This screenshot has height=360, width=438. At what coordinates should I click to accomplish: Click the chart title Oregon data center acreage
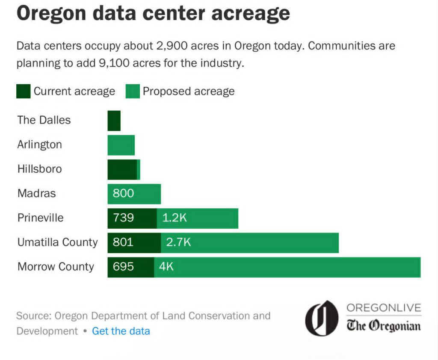(x=153, y=14)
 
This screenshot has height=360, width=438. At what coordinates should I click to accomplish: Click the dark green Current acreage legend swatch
(x=23, y=91)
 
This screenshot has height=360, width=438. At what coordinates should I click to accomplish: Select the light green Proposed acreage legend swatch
(x=133, y=91)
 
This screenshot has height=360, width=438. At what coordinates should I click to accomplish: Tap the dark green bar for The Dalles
(x=114, y=121)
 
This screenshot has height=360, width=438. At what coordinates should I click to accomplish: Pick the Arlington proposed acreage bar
(x=121, y=145)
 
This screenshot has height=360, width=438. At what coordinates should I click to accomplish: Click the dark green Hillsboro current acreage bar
(x=122, y=169)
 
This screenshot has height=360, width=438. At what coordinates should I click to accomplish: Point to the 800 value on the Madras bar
(x=123, y=194)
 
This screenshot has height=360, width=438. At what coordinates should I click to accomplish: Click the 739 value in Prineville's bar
(x=123, y=218)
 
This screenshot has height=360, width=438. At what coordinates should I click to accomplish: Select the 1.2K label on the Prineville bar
(x=175, y=218)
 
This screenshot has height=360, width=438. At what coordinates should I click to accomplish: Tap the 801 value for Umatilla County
(x=123, y=242)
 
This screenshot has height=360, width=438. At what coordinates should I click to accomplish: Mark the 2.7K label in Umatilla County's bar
(x=178, y=242)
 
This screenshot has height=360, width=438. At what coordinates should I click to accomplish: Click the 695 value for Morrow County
(x=123, y=267)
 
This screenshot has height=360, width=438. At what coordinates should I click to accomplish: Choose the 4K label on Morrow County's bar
(x=166, y=267)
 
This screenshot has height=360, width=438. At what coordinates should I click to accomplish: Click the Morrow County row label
(x=56, y=267)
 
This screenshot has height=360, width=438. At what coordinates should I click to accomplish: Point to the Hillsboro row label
(x=39, y=169)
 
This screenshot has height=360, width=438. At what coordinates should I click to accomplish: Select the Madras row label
(x=36, y=194)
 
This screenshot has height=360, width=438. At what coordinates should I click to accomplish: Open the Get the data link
(x=121, y=331)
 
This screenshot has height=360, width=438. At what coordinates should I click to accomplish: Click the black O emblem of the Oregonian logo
(x=321, y=318)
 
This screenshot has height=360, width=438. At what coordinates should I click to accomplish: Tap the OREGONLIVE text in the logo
(x=384, y=308)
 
